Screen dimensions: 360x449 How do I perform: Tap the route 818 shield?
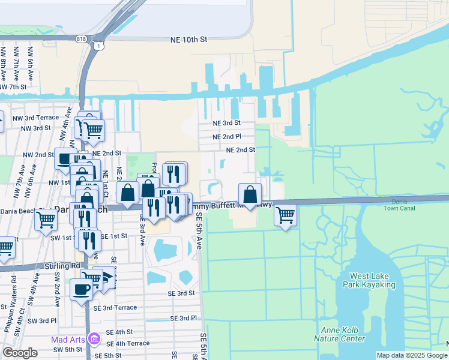coord(82,38)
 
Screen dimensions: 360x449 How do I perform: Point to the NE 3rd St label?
coord(226,123)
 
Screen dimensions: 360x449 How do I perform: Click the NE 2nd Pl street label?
coord(226,137)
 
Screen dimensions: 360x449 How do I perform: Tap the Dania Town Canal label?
coord(403,205)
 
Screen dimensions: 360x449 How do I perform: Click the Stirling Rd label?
coord(62,265)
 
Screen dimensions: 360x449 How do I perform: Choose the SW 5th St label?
coord(67,349)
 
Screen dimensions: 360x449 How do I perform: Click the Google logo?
coord(20,353)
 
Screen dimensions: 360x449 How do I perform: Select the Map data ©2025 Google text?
coord(411,355)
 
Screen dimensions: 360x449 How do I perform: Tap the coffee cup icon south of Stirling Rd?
coord(82,289)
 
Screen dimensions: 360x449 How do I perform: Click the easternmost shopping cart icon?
coord(286,215)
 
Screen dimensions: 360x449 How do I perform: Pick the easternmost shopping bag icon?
coord(250,194)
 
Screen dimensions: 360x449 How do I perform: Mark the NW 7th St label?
coord(13,87)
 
